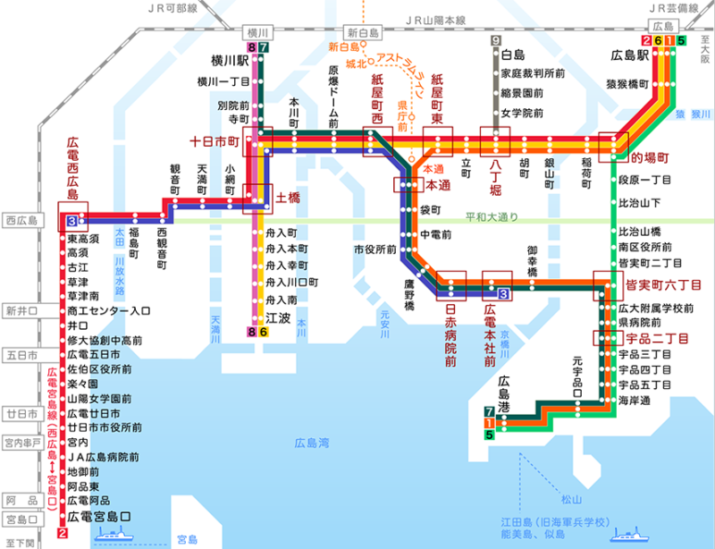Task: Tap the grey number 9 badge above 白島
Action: click(x=495, y=40)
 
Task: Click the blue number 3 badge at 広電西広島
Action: click(x=71, y=219)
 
